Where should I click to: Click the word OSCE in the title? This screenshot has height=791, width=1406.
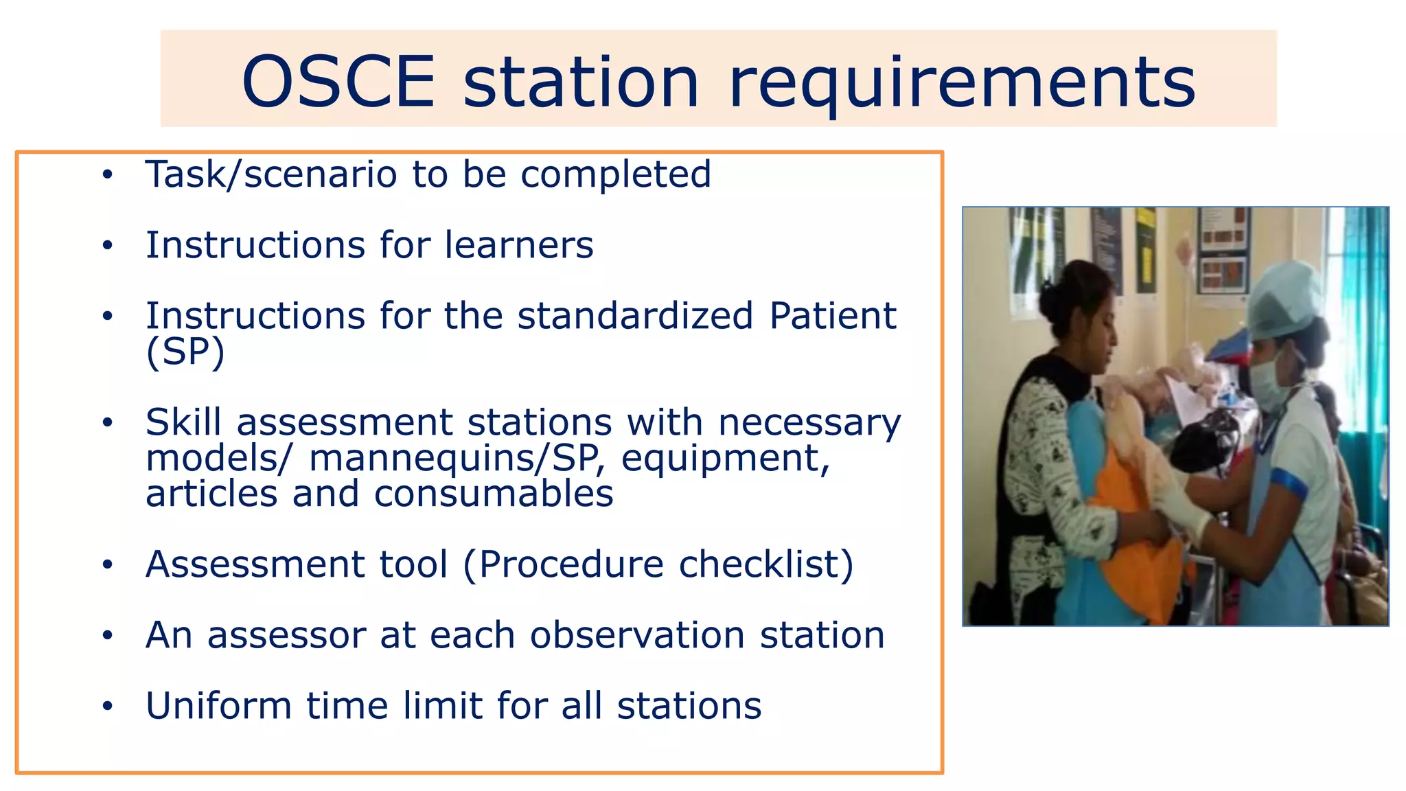338,82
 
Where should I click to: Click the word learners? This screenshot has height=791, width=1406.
518,245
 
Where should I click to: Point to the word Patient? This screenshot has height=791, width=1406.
832,316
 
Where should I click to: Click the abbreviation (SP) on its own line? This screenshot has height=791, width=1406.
185,352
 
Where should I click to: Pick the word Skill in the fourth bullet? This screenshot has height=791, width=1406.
183,422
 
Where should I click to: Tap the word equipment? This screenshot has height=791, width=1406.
725,459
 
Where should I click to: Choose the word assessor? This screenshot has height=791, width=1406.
286,635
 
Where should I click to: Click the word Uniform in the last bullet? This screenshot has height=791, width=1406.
218,706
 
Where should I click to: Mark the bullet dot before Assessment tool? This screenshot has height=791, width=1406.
107,564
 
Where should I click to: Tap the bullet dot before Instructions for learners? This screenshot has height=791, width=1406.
107,245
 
